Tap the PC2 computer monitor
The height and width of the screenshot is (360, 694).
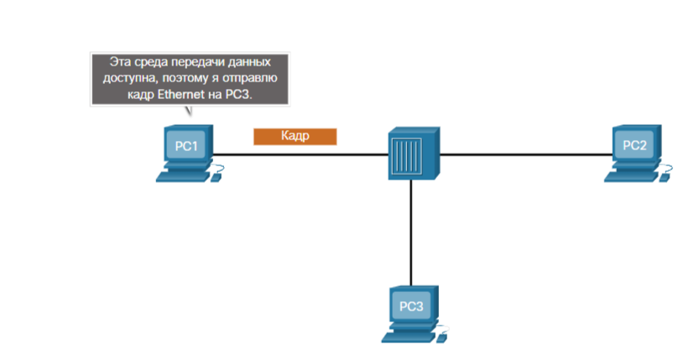click(635, 146)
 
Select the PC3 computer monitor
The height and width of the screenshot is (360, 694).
click(411, 305)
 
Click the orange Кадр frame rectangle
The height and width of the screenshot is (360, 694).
click(295, 136)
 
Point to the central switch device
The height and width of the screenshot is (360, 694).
click(413, 154)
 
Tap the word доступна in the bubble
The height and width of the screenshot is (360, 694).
click(136, 79)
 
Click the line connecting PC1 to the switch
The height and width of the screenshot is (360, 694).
click(302, 154)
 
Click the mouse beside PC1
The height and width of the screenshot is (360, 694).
click(218, 176)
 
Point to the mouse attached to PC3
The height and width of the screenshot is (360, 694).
click(442, 336)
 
